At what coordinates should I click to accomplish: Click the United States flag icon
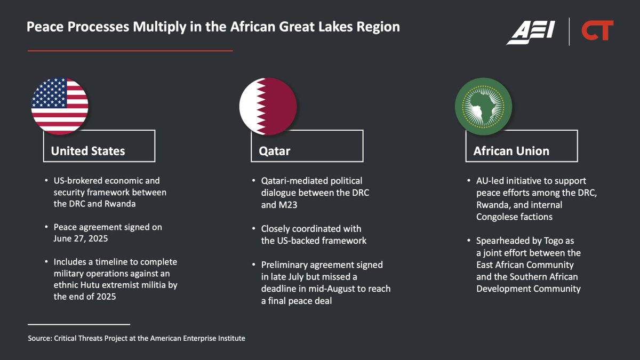point(60,105)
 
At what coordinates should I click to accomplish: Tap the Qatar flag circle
point(268,105)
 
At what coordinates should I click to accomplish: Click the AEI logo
point(531,31)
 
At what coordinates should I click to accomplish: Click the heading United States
point(88,151)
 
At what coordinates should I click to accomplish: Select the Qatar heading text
point(275,151)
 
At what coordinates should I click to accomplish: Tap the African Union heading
point(511,151)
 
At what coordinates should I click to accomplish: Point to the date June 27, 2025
point(81,238)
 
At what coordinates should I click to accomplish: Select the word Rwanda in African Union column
point(494,204)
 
